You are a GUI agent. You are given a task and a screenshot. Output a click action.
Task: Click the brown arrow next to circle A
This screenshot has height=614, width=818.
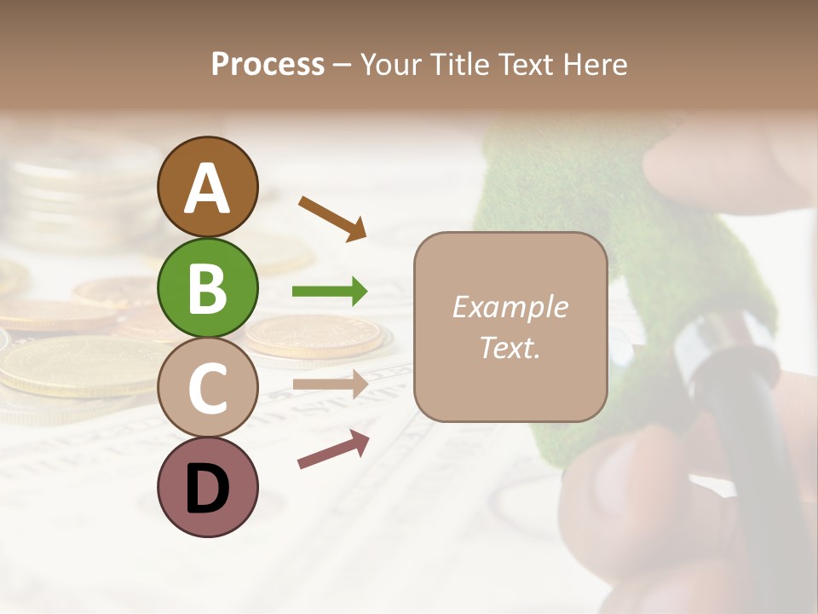tap(332, 217)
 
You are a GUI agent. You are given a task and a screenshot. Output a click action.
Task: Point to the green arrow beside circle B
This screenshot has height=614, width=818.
tap(330, 292)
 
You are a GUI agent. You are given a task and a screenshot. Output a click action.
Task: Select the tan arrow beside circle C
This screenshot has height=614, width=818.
tap(330, 384)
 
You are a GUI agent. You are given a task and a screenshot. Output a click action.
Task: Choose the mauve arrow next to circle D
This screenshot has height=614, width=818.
tap(333, 449)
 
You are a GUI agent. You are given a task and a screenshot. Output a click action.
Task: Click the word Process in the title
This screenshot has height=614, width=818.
tap(268, 65)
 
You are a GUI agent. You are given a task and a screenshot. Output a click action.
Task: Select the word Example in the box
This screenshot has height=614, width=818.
tap(510, 307)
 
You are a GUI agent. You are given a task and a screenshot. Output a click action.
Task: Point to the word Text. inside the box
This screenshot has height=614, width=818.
tap(510, 347)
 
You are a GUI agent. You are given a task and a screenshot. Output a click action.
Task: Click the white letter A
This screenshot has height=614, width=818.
tap(207, 188)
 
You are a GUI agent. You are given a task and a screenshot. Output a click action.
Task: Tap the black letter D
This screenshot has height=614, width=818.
tap(207, 489)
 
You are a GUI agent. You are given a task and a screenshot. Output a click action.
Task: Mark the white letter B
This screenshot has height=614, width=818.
tap(207, 288)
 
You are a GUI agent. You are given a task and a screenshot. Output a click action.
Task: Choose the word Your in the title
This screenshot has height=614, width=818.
tap(392, 65)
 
